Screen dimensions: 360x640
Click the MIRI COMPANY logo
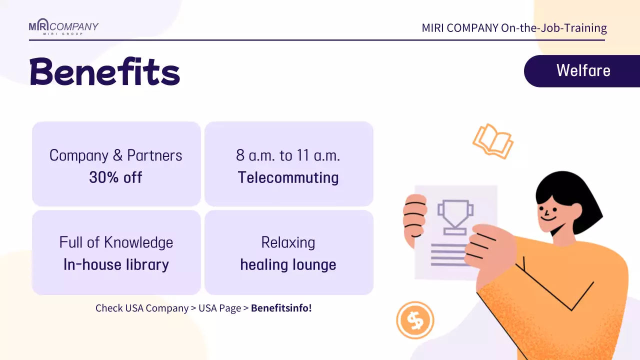(x=63, y=27)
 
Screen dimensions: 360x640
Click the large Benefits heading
(x=104, y=72)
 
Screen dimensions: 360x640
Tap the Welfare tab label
(x=583, y=70)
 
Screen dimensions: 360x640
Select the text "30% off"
(x=115, y=177)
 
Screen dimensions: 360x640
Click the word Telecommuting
(x=288, y=177)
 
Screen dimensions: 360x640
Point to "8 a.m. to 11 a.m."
(x=288, y=155)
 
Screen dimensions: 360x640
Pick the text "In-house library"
(x=116, y=264)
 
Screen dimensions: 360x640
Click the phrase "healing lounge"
(x=288, y=264)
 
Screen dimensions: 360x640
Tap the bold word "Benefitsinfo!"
(x=281, y=308)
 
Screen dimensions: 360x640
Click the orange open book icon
(x=493, y=141)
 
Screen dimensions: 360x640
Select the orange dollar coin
(x=415, y=320)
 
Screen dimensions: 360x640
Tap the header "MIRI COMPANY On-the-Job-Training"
(x=514, y=28)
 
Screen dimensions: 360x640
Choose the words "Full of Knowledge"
(x=116, y=242)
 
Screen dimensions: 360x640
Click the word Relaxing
(x=288, y=242)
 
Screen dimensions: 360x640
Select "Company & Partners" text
(x=115, y=155)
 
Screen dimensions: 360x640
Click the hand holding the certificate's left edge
(x=414, y=220)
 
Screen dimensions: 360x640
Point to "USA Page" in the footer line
(x=219, y=308)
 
